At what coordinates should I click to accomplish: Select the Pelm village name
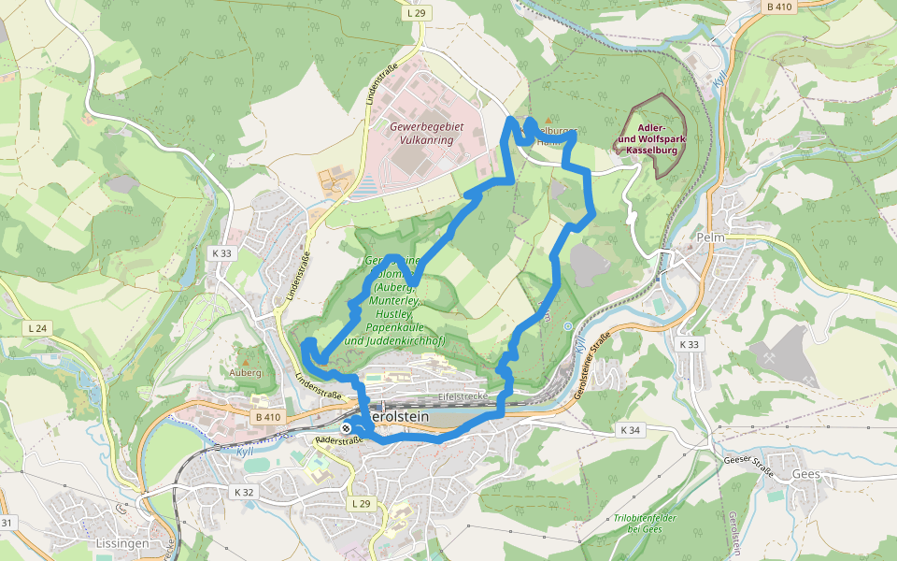tap(710, 238)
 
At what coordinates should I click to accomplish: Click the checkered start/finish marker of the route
tap(347, 427)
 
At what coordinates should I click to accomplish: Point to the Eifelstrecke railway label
tap(463, 396)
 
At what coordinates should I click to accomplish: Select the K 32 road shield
tap(243, 492)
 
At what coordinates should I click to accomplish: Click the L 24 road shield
tap(37, 328)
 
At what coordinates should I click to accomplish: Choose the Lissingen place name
tap(122, 542)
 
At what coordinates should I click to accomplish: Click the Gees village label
tap(805, 474)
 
